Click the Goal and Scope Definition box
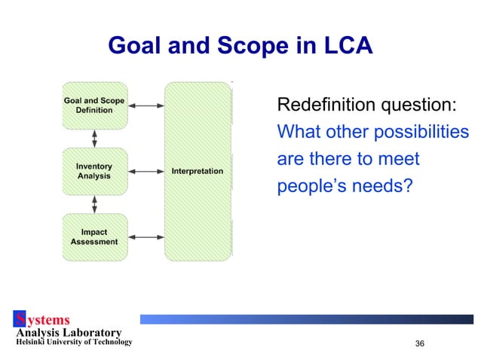[x=94, y=105]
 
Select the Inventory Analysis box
[x=94, y=171]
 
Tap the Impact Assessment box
[x=94, y=236]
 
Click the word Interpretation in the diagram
[x=198, y=171]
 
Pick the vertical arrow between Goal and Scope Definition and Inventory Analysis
[x=94, y=139]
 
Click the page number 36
[x=420, y=343]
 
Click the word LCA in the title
[x=343, y=47]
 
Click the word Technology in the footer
[x=108, y=343]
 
